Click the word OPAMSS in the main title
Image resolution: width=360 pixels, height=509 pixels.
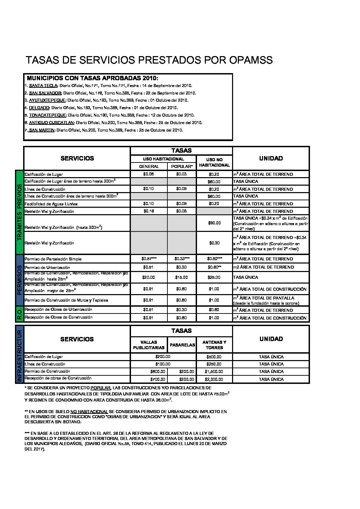point(251,60)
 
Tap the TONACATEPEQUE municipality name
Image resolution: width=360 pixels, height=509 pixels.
point(47,115)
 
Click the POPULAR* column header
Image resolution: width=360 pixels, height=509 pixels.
point(182,167)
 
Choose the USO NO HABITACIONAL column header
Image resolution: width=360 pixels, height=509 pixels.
point(214,162)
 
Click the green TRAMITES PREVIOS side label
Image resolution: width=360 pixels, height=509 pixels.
point(19,212)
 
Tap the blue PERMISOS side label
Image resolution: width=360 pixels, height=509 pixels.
point(19,280)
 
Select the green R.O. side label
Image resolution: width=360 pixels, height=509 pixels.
point(19,314)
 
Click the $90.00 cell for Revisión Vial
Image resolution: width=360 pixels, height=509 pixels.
point(214,223)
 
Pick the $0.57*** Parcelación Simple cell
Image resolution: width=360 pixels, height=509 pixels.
point(149,259)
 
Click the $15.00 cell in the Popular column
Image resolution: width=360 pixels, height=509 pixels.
point(181,277)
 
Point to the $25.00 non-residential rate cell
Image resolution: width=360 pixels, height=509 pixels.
point(214,277)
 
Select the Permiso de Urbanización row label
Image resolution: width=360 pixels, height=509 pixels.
point(47,268)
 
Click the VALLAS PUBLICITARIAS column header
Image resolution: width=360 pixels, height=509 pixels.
point(149,345)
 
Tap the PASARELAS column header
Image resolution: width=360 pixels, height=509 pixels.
point(182,345)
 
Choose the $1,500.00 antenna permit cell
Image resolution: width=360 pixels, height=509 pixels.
point(214,372)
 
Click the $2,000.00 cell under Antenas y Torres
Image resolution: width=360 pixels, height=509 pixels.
point(214,379)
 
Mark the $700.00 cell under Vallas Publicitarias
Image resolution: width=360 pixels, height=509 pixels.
point(158,379)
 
